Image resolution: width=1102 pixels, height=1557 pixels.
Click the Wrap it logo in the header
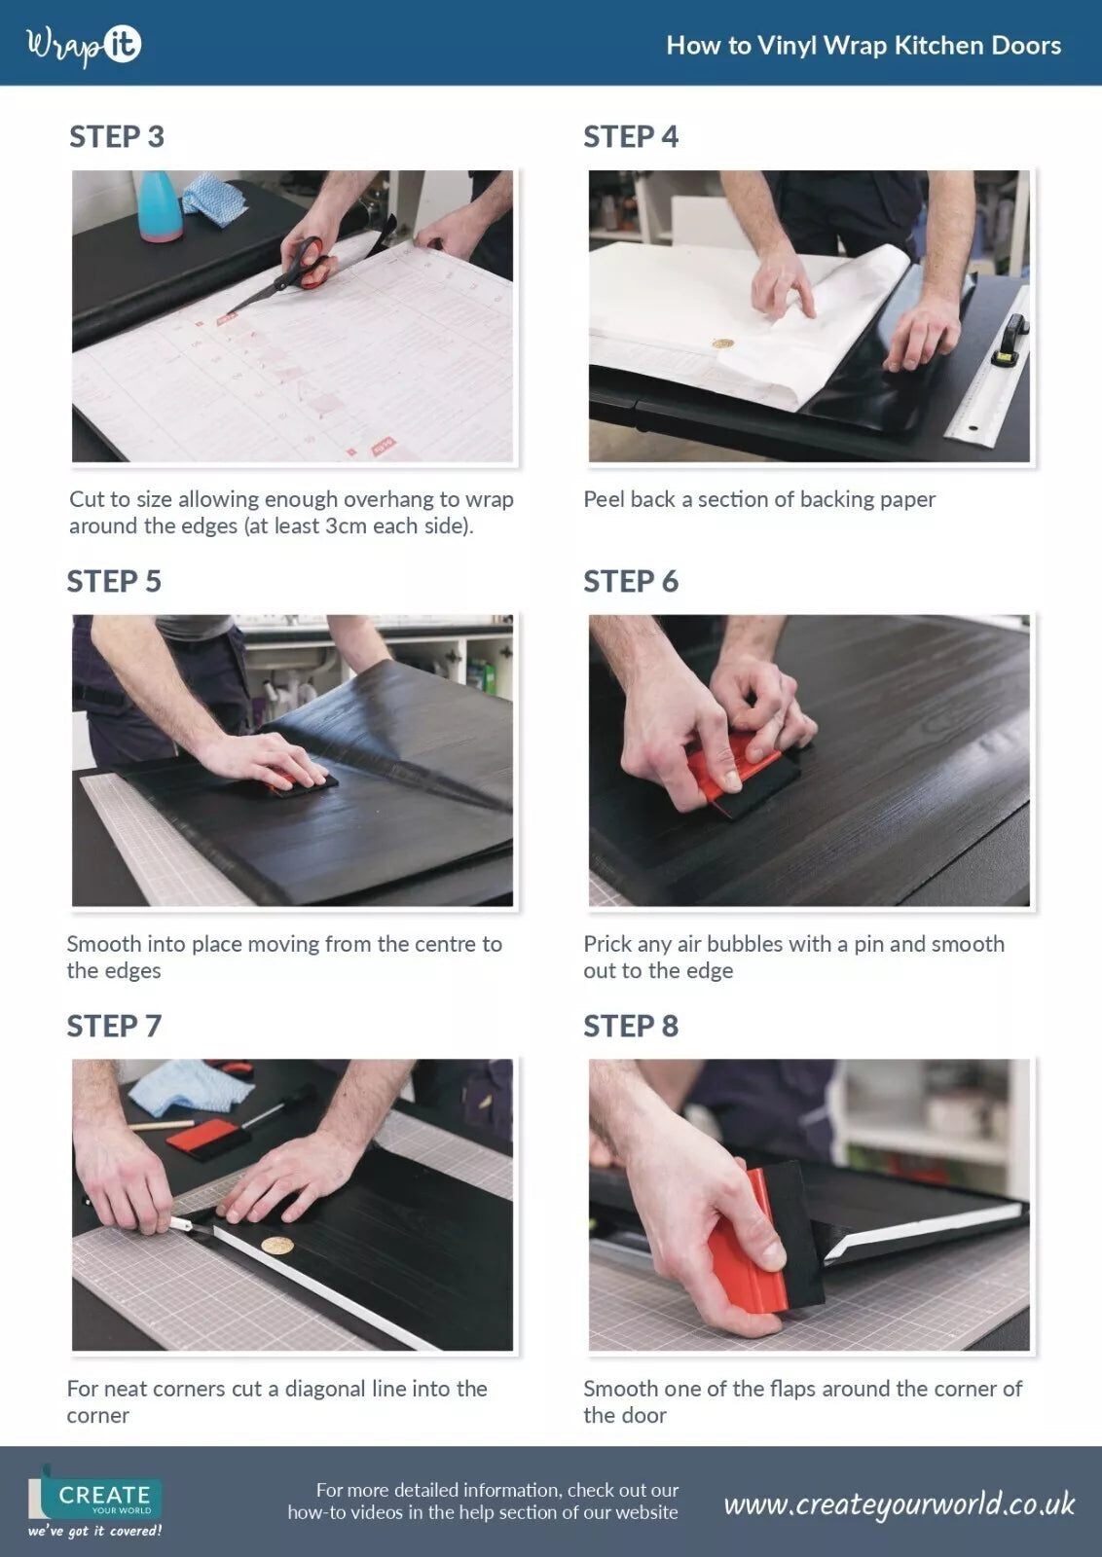point(84,45)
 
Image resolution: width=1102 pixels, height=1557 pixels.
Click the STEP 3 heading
point(116,137)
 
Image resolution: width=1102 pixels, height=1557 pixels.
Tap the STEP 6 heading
point(630,582)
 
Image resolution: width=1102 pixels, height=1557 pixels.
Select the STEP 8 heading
point(630,1027)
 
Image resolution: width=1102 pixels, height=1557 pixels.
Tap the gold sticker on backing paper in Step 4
point(722,344)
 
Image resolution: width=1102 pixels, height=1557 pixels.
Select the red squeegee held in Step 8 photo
point(745,1255)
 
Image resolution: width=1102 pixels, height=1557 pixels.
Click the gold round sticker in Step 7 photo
point(277,1246)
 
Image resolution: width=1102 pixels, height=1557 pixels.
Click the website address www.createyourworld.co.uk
point(898,1504)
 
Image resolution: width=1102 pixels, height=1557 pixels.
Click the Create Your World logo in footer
point(97,1494)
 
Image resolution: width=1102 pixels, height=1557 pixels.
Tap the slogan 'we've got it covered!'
point(94,1532)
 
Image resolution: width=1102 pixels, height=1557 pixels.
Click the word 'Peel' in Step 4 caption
point(604,500)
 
